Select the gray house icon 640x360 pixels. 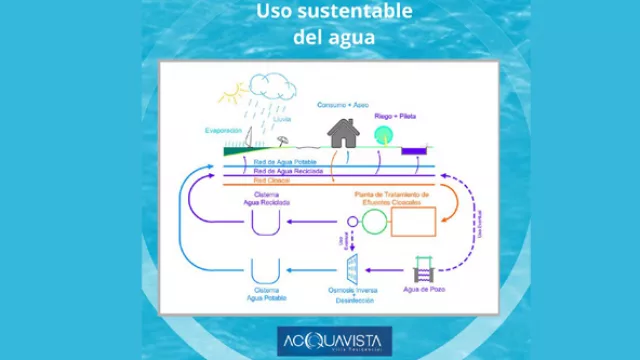tap(343, 131)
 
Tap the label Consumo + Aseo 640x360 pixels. tap(342, 103)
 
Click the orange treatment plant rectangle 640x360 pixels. tap(413, 221)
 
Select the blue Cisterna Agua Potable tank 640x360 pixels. tap(266, 271)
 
